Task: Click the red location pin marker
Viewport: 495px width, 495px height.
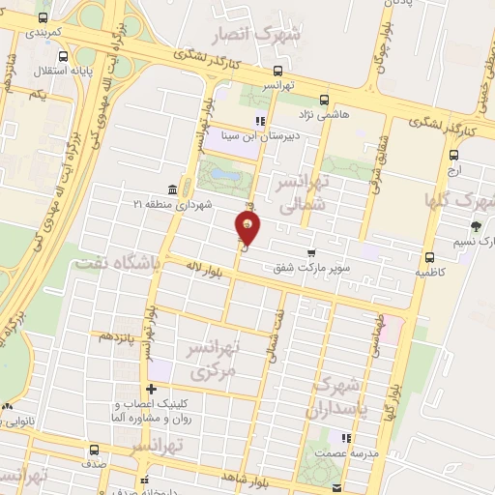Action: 248,228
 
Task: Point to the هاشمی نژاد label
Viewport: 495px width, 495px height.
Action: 349,113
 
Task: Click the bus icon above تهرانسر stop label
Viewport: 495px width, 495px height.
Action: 278,71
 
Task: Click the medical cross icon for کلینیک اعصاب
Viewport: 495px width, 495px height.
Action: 150,389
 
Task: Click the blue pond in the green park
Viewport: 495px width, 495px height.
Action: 225,176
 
